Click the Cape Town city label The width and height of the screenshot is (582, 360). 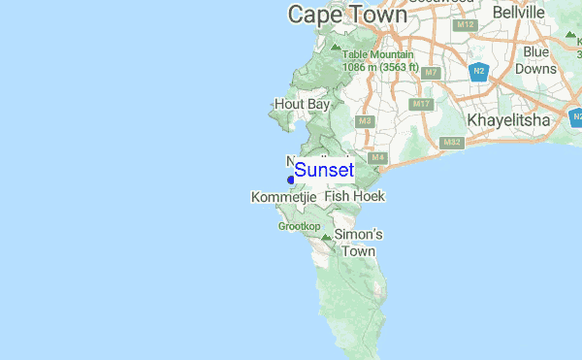(346, 15)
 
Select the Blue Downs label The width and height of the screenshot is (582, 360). (536, 60)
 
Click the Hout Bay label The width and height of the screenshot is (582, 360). (303, 104)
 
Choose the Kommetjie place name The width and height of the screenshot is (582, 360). (284, 197)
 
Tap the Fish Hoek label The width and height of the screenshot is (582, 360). (355, 196)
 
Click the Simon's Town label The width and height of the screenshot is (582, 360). (358, 243)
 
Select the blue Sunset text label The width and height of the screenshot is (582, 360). (324, 170)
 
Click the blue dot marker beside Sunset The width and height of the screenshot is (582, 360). (291, 180)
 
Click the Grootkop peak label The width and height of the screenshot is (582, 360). (299, 226)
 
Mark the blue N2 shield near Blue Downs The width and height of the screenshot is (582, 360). (478, 71)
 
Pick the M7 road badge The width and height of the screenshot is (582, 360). (432, 73)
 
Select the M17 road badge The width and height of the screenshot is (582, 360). (420, 104)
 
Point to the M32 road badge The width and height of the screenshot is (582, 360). (451, 143)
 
